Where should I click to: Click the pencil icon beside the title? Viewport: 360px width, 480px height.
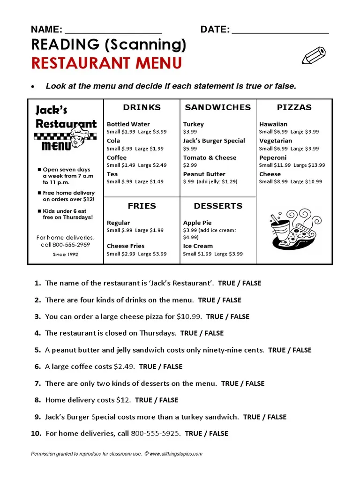tap(314, 56)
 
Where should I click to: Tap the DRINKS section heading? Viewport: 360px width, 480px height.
tap(142, 107)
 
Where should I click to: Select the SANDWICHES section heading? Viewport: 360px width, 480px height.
tap(218, 107)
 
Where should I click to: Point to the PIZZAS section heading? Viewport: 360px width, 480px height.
tap(294, 107)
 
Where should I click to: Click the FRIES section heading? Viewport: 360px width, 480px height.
tap(142, 206)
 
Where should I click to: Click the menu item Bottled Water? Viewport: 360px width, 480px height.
tap(128, 124)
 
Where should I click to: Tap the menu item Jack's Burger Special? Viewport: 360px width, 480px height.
tap(214, 141)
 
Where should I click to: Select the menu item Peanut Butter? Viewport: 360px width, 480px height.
tap(204, 174)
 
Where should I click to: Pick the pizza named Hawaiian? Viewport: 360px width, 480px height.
tap(273, 124)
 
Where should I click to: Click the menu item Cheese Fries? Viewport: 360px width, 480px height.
tap(126, 246)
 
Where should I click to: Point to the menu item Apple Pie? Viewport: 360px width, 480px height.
tap(197, 223)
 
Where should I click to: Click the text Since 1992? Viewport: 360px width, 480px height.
tap(65, 254)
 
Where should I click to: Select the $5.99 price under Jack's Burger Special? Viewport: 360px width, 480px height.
tap(190, 149)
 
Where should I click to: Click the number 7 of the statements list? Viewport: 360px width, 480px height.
tap(37, 383)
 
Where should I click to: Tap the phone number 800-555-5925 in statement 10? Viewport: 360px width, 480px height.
tap(156, 434)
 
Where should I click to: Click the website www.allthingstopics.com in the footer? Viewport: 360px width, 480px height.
tap(176, 454)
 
